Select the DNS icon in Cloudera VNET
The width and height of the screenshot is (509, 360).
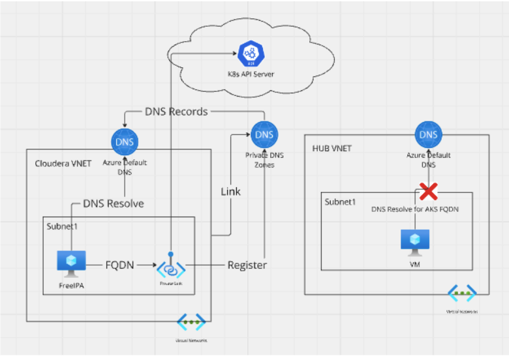click(x=123, y=142)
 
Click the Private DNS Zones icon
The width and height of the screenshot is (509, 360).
click(x=264, y=134)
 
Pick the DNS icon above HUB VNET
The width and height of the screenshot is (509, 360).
click(x=428, y=135)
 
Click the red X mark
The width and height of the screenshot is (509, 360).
click(x=428, y=191)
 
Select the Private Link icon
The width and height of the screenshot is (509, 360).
click(x=170, y=267)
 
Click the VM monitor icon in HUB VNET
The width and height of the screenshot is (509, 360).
click(x=414, y=241)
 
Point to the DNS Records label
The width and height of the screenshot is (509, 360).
click(x=176, y=112)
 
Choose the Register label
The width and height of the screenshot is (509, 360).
click(x=247, y=265)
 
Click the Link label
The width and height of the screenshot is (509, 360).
click(x=230, y=191)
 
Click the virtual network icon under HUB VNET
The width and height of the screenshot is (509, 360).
click(x=461, y=293)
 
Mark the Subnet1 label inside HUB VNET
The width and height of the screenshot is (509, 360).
click(x=341, y=202)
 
